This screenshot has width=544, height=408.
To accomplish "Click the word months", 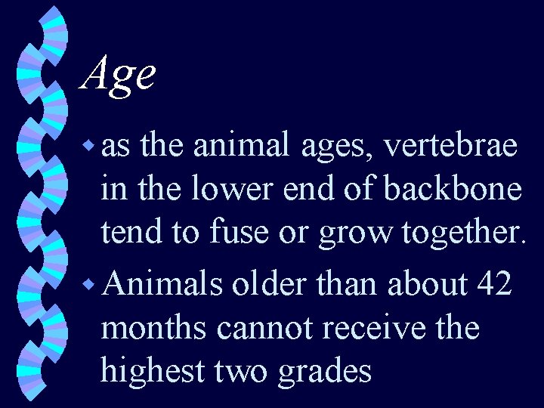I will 155,329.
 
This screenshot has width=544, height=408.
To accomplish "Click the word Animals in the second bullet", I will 162,284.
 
